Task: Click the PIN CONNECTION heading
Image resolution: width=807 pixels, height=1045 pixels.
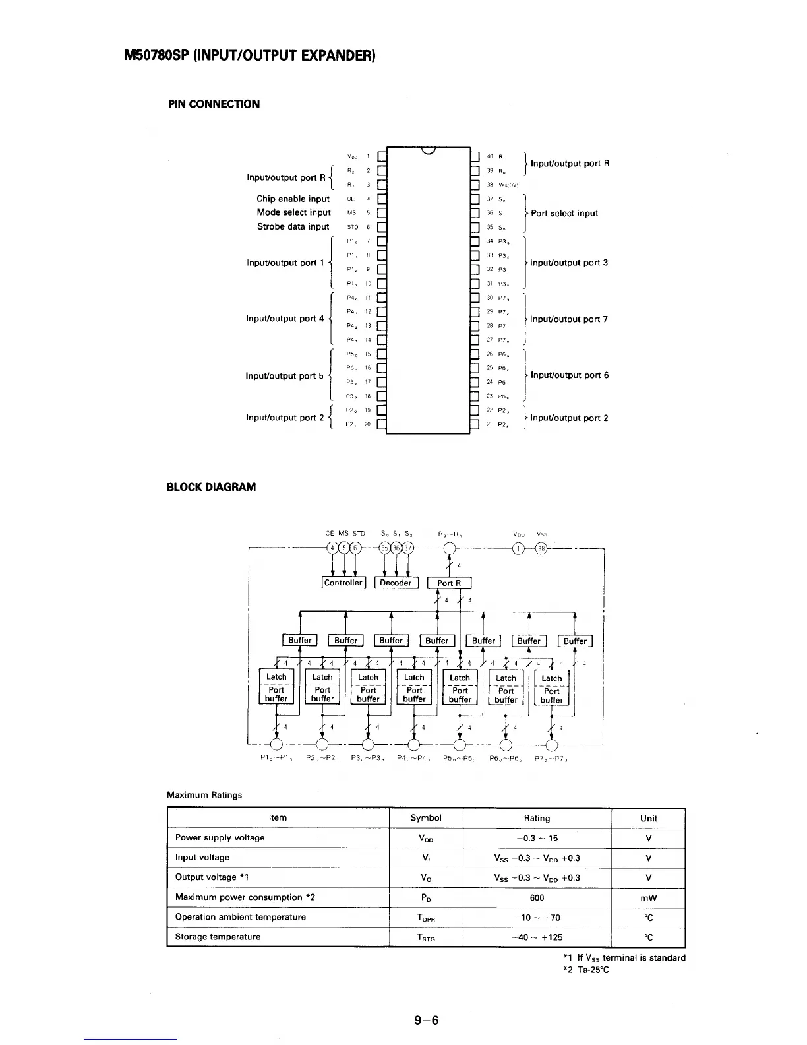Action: click(214, 104)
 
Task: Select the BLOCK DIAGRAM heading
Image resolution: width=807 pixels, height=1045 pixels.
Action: click(211, 487)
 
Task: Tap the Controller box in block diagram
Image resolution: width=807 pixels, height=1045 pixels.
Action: click(344, 583)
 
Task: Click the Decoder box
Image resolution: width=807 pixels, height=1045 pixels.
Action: click(396, 583)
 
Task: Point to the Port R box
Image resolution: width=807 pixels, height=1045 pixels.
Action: click(449, 583)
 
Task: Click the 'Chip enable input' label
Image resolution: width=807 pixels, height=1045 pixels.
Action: click(293, 199)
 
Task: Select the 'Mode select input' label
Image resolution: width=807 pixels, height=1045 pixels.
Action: click(293, 212)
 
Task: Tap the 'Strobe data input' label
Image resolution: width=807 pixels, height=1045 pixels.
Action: click(293, 226)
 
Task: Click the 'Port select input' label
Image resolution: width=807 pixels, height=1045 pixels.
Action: click(564, 213)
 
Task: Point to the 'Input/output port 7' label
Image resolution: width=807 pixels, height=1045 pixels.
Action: click(569, 319)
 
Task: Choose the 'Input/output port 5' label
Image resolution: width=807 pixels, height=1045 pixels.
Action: click(284, 376)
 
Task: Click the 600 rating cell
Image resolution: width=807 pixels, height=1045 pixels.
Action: click(537, 897)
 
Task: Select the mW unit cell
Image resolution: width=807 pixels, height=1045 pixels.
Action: click(648, 898)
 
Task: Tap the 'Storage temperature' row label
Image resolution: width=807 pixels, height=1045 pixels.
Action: click(218, 937)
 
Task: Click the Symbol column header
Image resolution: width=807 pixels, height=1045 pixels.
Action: click(425, 818)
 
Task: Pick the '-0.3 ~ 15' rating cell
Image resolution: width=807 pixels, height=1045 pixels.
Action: click(537, 838)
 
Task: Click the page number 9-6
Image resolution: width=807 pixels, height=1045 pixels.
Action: click(427, 1021)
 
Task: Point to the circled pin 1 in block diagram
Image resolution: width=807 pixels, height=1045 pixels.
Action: click(518, 549)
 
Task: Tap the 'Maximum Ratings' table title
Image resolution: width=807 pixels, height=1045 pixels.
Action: click(204, 795)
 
